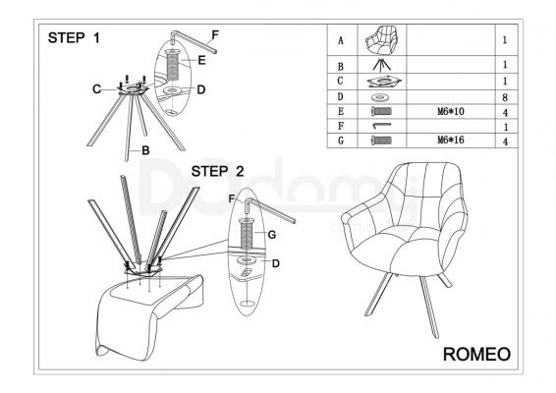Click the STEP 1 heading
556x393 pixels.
tap(74, 37)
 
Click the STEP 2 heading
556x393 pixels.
tap(218, 171)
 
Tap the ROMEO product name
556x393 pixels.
tap(477, 354)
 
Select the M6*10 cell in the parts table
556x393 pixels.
tap(450, 112)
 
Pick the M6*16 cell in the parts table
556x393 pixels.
tap(450, 140)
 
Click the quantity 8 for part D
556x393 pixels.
tap(505, 97)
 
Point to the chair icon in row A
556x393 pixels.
tap(382, 39)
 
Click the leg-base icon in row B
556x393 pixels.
tap(382, 64)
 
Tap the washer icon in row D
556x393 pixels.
tap(381, 97)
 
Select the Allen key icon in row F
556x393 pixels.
tap(381, 125)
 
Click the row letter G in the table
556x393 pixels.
tap(341, 140)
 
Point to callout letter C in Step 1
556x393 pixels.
tap(96, 89)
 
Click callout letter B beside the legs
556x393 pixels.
tap(145, 150)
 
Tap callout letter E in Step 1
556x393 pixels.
tap(201, 60)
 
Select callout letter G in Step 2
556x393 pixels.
tap(272, 235)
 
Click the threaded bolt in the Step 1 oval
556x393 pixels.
tap(173, 65)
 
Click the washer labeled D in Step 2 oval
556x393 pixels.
tap(247, 260)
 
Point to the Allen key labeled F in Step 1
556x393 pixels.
tap(195, 41)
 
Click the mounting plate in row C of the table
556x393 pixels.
tap(384, 82)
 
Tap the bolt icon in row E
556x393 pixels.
tap(381, 112)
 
